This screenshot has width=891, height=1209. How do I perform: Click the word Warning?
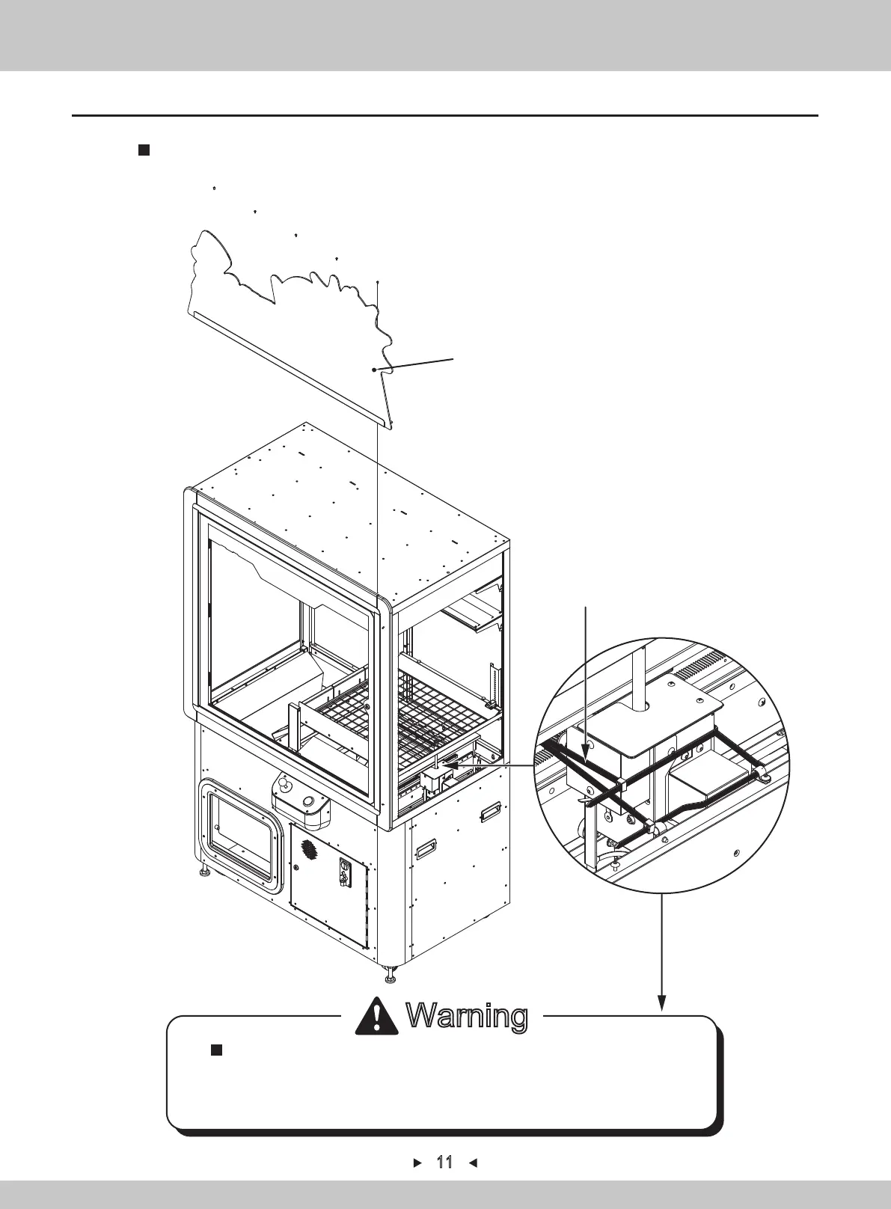point(467,1016)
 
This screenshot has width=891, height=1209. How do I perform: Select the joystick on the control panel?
point(284,785)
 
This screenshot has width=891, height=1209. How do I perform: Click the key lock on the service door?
point(346,871)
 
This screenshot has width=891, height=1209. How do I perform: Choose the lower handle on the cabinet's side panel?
point(426,848)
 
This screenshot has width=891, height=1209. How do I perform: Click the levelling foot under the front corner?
point(390,975)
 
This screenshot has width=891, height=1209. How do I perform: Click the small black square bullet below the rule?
point(144,150)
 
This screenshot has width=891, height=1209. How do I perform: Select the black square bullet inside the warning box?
point(217,1050)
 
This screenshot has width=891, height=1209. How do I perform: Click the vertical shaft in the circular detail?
point(640,673)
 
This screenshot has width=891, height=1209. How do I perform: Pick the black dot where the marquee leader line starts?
point(373,370)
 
